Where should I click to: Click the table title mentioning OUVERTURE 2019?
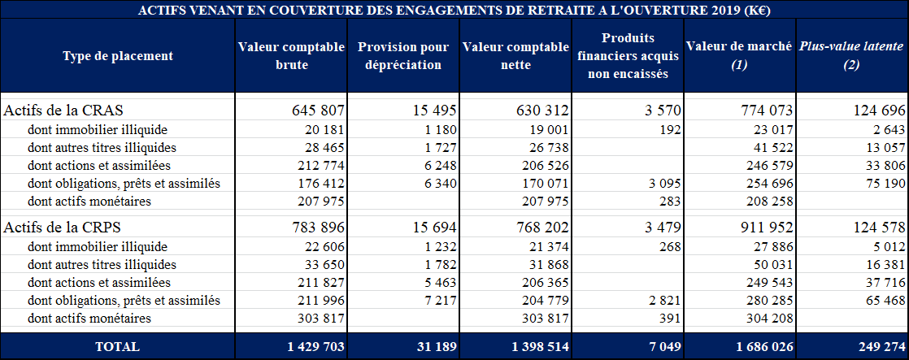coord(455,10)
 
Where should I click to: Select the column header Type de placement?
coord(118,56)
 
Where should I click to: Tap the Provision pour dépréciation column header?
coord(403,56)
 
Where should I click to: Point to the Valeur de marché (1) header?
coord(738,56)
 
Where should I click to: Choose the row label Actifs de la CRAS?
coord(64,110)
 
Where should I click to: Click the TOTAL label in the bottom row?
coord(118,346)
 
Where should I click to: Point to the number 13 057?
coord(881,148)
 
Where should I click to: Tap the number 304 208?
coord(768,319)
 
